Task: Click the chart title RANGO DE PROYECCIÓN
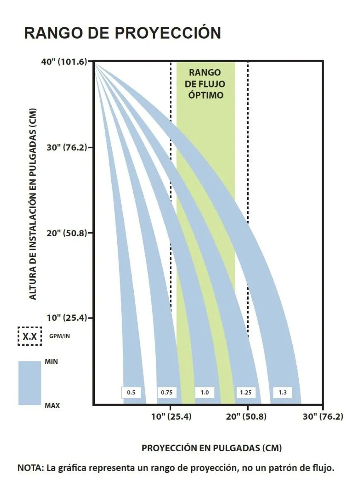pyautogui.click(x=123, y=33)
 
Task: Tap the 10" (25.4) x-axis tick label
pyautogui.click(x=171, y=417)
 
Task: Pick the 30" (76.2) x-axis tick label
pyautogui.click(x=323, y=417)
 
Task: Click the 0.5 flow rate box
pyautogui.click(x=131, y=392)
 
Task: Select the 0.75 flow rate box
pyautogui.click(x=167, y=392)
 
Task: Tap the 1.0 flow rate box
pyautogui.click(x=204, y=392)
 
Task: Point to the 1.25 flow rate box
pyautogui.click(x=246, y=392)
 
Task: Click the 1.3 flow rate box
pyautogui.click(x=282, y=392)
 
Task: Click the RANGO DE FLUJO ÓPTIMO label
pyautogui.click(x=206, y=84)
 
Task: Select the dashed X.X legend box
pyautogui.click(x=30, y=336)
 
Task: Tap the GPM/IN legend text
pyautogui.click(x=60, y=336)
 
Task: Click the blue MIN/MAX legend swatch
pyautogui.click(x=30, y=383)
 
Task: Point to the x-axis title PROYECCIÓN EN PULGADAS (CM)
pyautogui.click(x=212, y=448)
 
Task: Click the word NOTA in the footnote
pyautogui.click(x=31, y=469)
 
